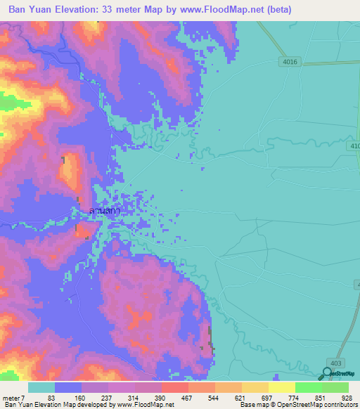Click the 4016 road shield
pyautogui.click(x=290, y=62)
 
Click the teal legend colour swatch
pyautogui.click(x=41, y=387)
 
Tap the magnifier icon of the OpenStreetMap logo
pyautogui.click(x=327, y=375)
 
